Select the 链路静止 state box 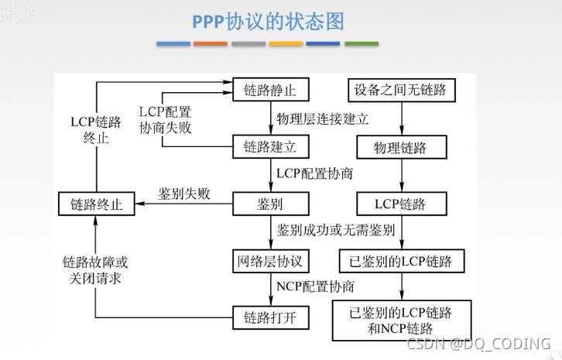tap(269, 90)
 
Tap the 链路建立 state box tap(269, 146)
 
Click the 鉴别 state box tap(269, 204)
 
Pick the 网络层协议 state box tap(269, 260)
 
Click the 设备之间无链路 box tap(400, 90)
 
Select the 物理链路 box tap(400, 146)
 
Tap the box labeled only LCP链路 tap(400, 204)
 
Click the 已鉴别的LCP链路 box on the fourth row tap(400, 260)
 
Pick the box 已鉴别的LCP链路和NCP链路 tap(400, 321)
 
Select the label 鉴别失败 tap(184, 194)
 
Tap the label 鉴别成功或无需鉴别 tap(336, 231)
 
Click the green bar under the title tap(362, 43)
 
